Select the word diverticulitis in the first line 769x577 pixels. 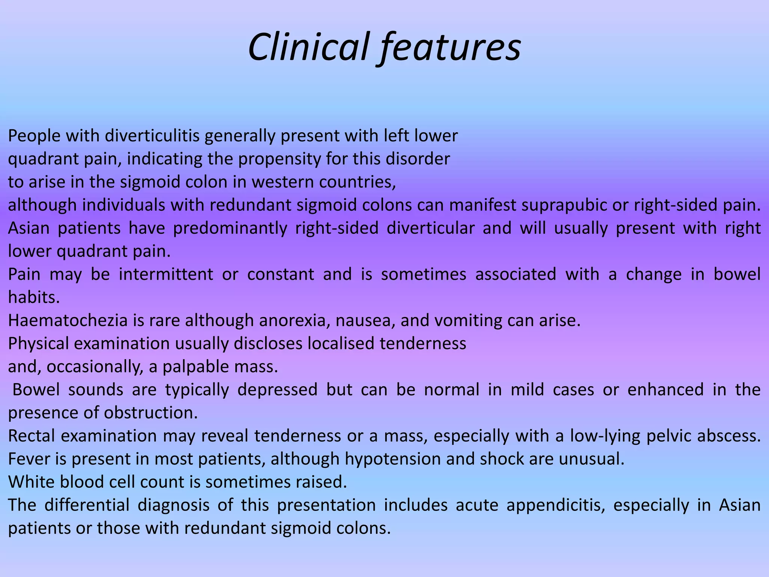click(x=152, y=136)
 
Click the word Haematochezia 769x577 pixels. click(x=74, y=320)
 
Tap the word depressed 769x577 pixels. click(x=277, y=390)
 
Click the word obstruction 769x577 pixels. click(x=150, y=413)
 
